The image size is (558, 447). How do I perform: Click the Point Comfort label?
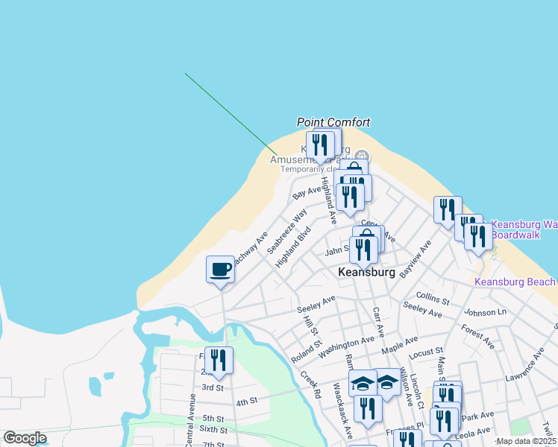333,122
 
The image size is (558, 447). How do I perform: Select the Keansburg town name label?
366,273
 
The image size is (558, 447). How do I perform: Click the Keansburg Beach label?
515,282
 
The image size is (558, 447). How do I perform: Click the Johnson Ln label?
485,313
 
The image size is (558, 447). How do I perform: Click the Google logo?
25,438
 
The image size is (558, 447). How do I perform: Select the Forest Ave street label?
477,336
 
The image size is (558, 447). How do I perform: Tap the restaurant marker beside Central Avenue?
219,361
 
